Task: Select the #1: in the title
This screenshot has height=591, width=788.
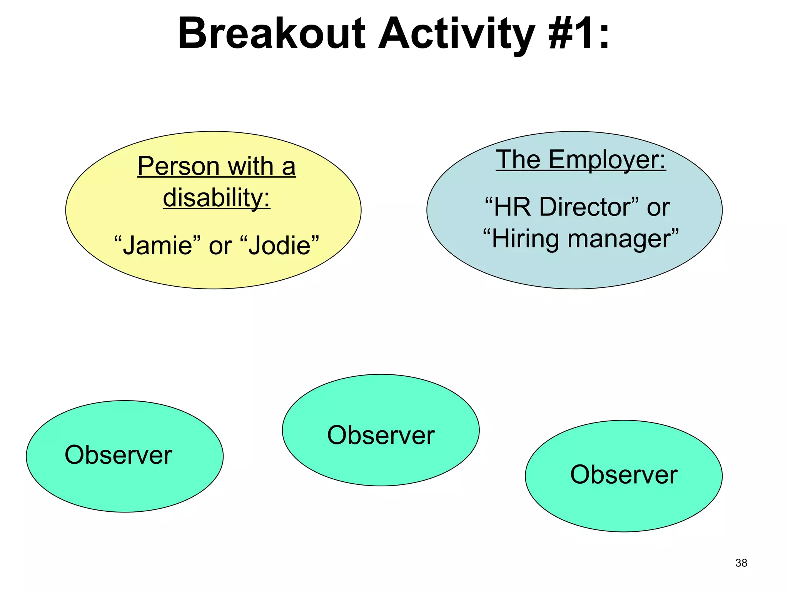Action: (579, 34)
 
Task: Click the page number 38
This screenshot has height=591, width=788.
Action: (741, 563)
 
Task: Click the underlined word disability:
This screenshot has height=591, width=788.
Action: (217, 197)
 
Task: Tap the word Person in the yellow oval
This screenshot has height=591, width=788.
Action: (179, 166)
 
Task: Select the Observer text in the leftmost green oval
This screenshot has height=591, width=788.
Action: (118, 455)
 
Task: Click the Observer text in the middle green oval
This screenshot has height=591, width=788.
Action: (381, 435)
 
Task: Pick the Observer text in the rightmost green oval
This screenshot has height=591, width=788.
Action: (623, 474)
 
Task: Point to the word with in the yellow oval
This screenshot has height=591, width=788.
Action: (250, 166)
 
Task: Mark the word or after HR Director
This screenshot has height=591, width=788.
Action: (658, 207)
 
